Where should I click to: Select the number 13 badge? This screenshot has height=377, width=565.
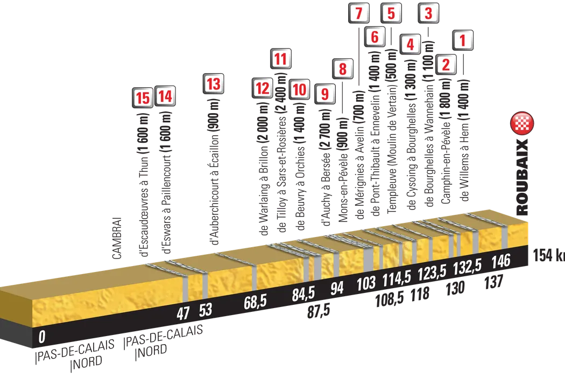click(213, 84)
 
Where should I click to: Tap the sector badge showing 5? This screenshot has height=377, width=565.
click(391, 12)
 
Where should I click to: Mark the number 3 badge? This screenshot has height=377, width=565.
click(428, 12)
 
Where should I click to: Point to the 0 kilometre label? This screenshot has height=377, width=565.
click(41, 338)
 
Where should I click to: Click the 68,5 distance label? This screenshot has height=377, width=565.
click(256, 303)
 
